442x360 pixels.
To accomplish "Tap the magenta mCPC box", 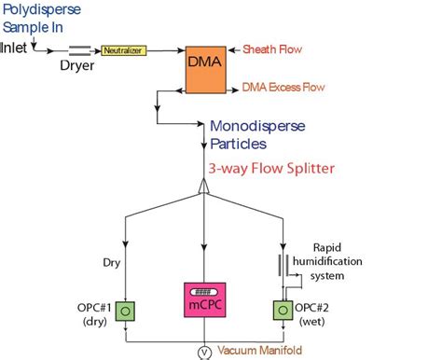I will click(204, 299).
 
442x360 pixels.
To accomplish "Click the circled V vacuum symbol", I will click(204, 352).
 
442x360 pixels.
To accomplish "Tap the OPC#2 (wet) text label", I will click(326, 312).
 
